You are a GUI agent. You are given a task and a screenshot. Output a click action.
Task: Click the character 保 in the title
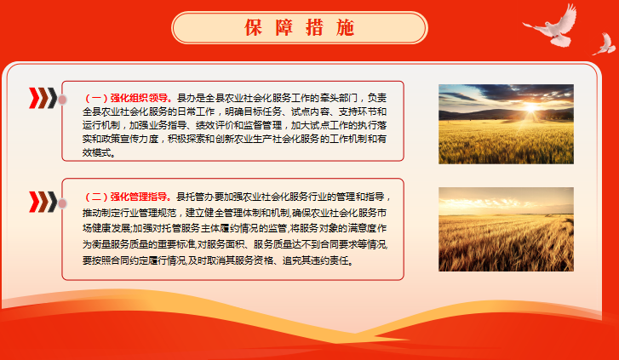(x=253, y=27)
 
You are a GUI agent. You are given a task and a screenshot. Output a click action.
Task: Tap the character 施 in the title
(x=346, y=27)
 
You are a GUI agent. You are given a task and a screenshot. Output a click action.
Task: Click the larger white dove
(x=551, y=26)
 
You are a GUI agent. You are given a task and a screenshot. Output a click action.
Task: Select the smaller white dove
(x=605, y=44)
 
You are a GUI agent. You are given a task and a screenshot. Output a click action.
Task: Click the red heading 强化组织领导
(x=141, y=98)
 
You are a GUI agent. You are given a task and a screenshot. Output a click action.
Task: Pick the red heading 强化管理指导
(x=140, y=197)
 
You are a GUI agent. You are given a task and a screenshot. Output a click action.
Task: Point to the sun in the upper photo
(x=531, y=107)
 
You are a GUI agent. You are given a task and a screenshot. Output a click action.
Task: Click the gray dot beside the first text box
(x=62, y=100)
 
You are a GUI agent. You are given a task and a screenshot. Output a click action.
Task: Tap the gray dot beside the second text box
(x=62, y=203)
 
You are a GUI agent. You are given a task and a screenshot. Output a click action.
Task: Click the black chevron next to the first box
(x=52, y=98)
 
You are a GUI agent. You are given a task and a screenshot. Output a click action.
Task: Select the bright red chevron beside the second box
(x=34, y=202)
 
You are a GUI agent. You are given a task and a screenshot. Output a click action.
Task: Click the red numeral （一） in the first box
(x=96, y=98)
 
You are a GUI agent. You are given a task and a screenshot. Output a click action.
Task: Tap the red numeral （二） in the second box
(x=96, y=197)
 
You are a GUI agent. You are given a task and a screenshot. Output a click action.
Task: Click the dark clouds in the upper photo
(x=513, y=94)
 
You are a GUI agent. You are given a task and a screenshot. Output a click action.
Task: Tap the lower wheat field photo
(x=506, y=229)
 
